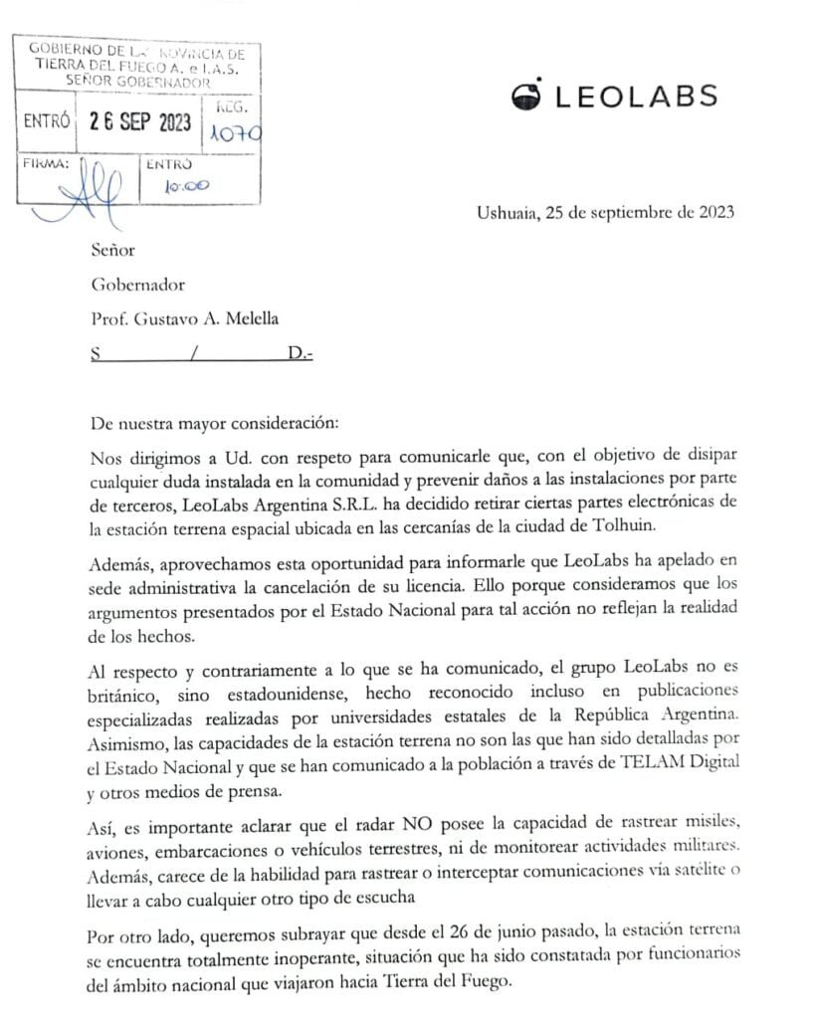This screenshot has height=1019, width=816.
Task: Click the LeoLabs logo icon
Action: tap(527, 95)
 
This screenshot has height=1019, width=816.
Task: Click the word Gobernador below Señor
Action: tap(138, 285)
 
